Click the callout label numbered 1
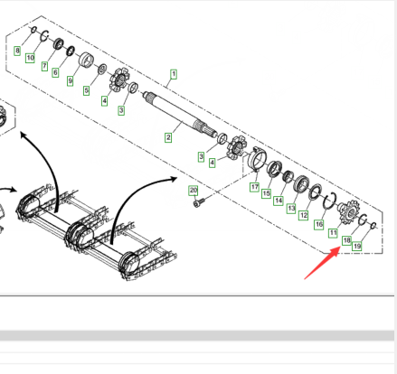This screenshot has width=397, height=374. tap(174, 74)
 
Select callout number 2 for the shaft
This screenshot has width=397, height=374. tap(168, 137)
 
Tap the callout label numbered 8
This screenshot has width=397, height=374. tap(17, 51)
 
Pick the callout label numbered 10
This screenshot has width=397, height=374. tap(30, 58)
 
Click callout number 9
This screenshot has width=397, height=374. tap(70, 80)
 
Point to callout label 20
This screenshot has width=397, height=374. tap(194, 191)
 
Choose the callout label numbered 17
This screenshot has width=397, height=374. tap(255, 187)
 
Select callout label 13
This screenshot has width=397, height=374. tap(291, 208)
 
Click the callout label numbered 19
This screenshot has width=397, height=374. tap(356, 246)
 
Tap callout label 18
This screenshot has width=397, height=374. tap(346, 240)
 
